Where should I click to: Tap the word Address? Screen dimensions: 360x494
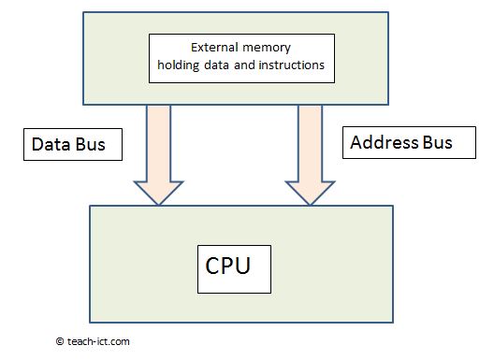(384, 142)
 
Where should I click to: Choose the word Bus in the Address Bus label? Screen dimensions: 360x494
(435, 142)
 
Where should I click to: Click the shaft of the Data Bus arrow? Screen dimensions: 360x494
(158, 140)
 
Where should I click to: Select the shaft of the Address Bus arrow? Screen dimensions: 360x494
(311, 140)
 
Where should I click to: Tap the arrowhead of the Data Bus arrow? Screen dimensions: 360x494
(158, 192)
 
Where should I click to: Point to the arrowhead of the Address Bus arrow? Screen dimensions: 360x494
(311, 192)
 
